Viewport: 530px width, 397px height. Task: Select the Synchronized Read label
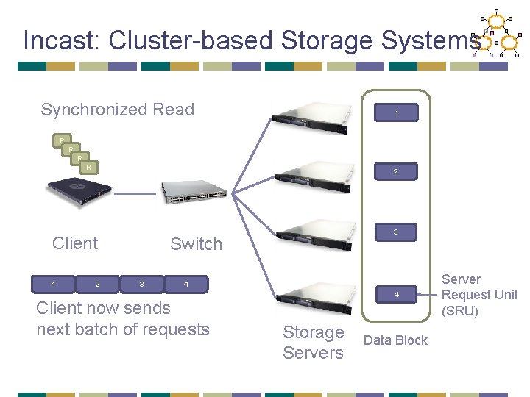[117, 110]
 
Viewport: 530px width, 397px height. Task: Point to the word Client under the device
[75, 243]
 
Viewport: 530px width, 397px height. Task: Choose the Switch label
[196, 245]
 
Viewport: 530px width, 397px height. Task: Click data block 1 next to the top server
[396, 113]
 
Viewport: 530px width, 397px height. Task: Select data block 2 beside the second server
[396, 172]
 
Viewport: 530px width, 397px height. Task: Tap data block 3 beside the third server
[396, 232]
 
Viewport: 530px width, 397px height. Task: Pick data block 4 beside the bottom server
[396, 295]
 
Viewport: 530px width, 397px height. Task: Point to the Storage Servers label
[314, 343]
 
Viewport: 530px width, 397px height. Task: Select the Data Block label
[395, 340]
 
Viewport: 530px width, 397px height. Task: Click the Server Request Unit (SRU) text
[479, 295]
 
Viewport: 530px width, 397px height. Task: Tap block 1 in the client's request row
[54, 284]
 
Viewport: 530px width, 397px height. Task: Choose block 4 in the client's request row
[186, 284]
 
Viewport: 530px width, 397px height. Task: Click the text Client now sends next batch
[123, 318]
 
